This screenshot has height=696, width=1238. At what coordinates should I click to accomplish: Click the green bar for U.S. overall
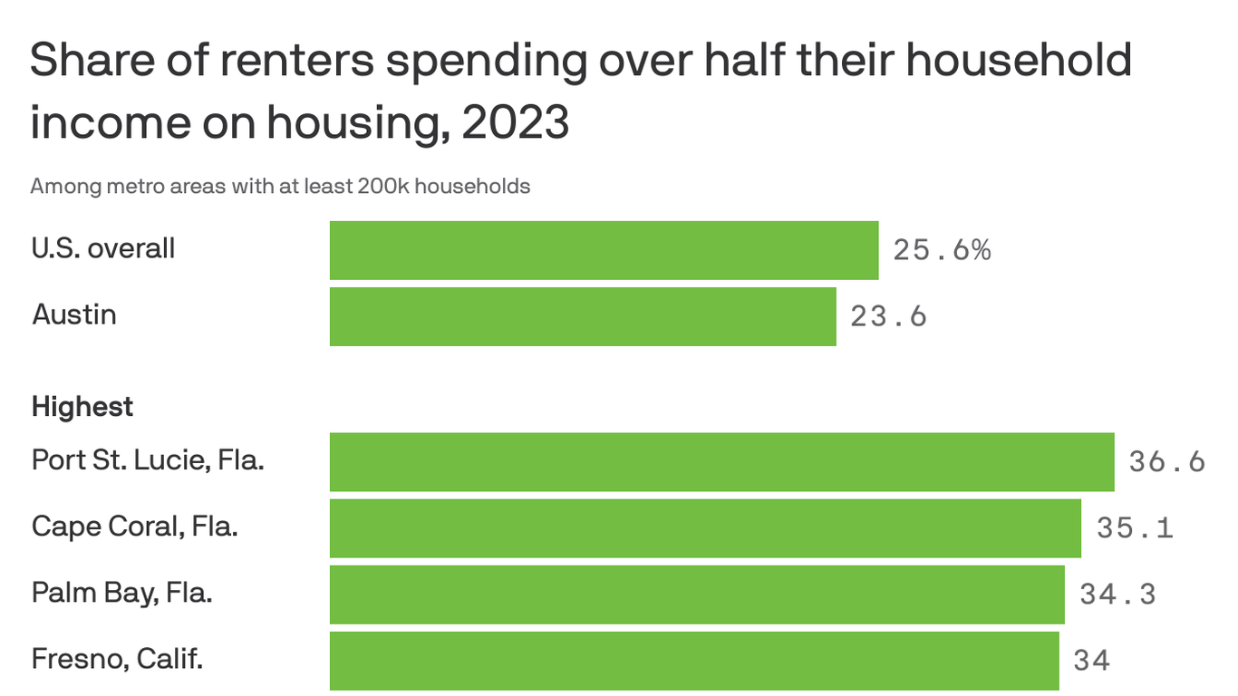click(x=604, y=250)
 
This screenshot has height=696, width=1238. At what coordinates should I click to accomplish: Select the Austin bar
click(x=583, y=316)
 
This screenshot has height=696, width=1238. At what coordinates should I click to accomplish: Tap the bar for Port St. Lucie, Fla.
click(x=721, y=461)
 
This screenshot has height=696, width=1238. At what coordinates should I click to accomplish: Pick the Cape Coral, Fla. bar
click(x=705, y=527)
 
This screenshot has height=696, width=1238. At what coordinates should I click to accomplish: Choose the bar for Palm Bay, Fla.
click(x=697, y=594)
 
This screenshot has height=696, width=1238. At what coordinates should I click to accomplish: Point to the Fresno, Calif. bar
click(x=694, y=660)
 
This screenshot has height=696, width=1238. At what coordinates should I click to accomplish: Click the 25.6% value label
click(x=942, y=250)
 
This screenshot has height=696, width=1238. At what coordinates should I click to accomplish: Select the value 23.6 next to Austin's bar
click(x=888, y=316)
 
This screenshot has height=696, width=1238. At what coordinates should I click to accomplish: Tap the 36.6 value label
click(x=1167, y=461)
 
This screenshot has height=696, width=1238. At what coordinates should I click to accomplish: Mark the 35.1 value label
click(x=1135, y=527)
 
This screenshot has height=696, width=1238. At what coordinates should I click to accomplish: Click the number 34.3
click(x=1117, y=594)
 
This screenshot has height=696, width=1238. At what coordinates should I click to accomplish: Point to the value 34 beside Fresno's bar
click(x=1091, y=660)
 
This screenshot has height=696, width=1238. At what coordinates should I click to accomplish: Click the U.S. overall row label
click(x=103, y=248)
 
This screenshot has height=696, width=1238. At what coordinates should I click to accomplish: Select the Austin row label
click(x=74, y=314)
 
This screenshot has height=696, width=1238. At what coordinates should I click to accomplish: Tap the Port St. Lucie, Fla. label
click(x=148, y=460)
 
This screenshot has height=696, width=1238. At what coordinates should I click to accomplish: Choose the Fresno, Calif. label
click(x=117, y=659)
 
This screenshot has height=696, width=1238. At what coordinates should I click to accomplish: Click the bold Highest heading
click(x=82, y=407)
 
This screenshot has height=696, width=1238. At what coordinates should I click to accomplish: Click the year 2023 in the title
click(x=515, y=123)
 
